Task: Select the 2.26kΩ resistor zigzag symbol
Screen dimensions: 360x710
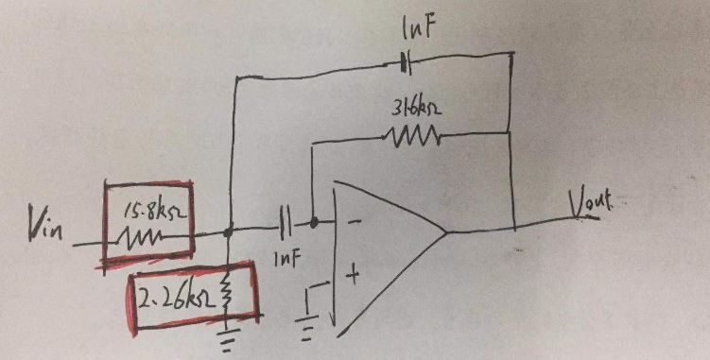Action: tap(227, 296)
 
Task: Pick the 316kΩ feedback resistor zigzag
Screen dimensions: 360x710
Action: tap(412, 139)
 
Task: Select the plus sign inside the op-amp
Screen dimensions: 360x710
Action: tap(354, 277)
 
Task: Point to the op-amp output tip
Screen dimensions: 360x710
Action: tap(445, 231)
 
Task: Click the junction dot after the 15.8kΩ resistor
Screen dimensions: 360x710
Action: tap(231, 230)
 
